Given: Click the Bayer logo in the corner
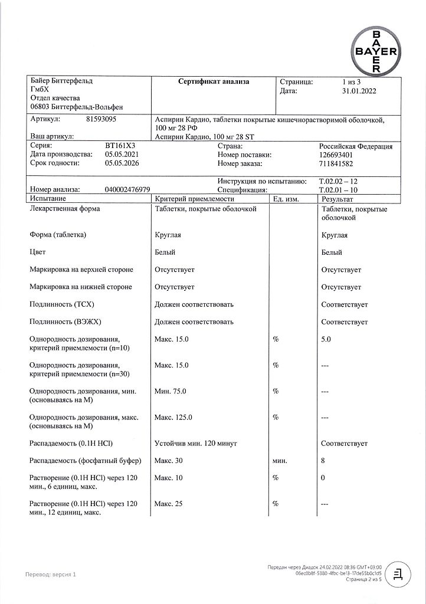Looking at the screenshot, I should (376, 51).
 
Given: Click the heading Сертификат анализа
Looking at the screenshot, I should (214, 82).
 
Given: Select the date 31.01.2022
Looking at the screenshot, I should (359, 91).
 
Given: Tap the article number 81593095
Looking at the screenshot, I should (101, 119).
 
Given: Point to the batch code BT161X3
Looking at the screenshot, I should (120, 146).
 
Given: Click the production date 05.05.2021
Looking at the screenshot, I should (122, 155).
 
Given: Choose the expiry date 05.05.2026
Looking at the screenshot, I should (122, 163).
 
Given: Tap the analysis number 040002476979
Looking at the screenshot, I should (127, 191).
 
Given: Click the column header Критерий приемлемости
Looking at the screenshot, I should (191, 199).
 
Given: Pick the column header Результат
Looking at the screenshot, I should (336, 199).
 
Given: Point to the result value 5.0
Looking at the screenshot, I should (326, 340).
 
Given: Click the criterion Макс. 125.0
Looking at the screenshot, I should (173, 418).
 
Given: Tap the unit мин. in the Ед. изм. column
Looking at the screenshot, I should (280, 461).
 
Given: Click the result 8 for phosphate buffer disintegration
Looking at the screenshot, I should (323, 461).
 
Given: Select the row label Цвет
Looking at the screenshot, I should (38, 252).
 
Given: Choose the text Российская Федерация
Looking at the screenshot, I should (356, 146).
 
